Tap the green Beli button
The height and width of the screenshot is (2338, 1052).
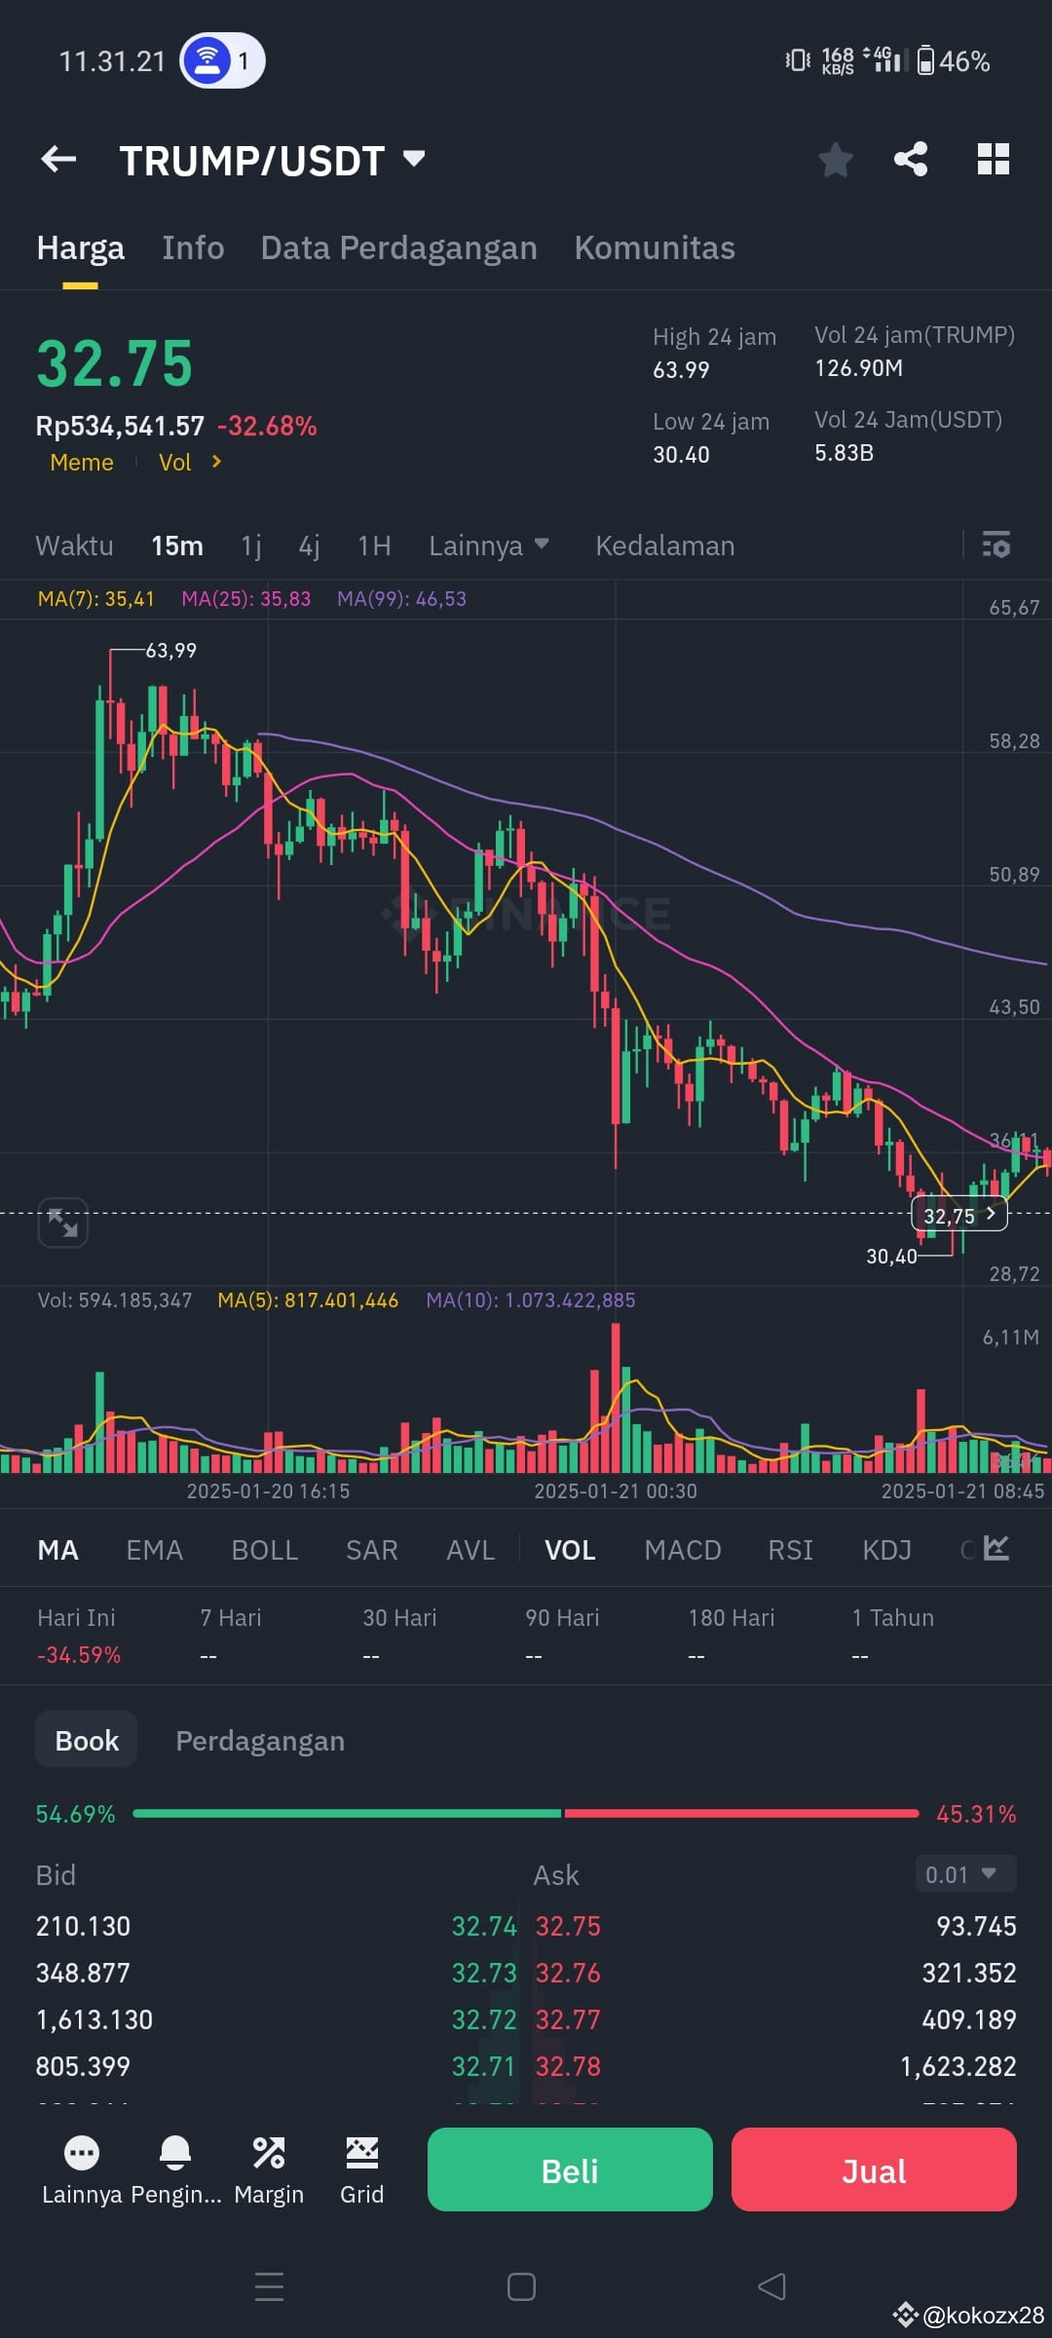tap(570, 2169)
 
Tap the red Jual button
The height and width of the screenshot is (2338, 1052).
tap(874, 2169)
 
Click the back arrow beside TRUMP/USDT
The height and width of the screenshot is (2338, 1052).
tap(58, 159)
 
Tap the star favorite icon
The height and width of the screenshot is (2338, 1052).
tap(836, 160)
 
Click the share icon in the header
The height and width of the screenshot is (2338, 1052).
tap(911, 159)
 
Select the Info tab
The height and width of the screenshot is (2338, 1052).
tap(193, 247)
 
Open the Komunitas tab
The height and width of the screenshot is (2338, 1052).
tap(655, 247)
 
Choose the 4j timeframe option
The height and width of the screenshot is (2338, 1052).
tap(309, 546)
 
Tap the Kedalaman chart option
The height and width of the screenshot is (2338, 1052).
tap(665, 546)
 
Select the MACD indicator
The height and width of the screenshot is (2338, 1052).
tap(683, 1550)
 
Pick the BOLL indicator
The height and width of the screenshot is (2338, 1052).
tap(265, 1550)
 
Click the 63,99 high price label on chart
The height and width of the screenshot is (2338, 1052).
tap(171, 650)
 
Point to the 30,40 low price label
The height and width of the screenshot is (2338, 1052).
tap(891, 1257)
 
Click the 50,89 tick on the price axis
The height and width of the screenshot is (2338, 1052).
tap(1014, 875)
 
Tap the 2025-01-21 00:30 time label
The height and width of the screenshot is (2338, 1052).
tap(616, 1490)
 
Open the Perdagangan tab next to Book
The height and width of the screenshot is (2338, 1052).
tap(260, 1741)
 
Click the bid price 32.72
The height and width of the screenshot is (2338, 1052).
tap(484, 2019)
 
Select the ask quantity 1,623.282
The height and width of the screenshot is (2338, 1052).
tap(958, 2066)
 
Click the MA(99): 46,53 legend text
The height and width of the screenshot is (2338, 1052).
tap(401, 599)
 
